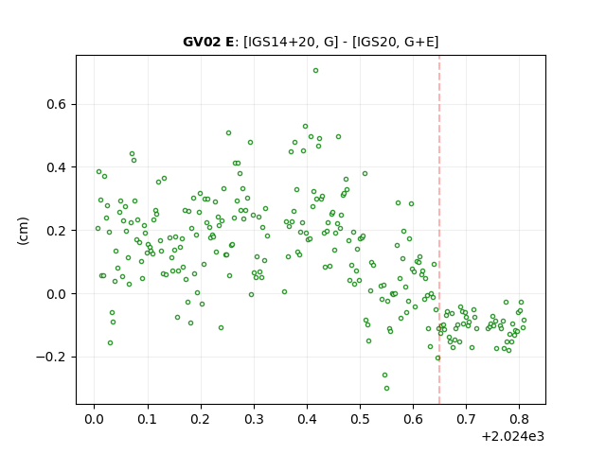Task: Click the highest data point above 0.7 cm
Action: pyautogui.click(x=315, y=71)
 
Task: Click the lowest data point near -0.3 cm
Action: pyautogui.click(x=386, y=389)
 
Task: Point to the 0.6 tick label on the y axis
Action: pyautogui.click(x=57, y=105)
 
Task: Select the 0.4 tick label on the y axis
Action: pyautogui.click(x=57, y=167)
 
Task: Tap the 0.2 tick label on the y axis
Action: pyautogui.click(x=57, y=231)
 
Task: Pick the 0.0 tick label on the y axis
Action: pyautogui.click(x=57, y=294)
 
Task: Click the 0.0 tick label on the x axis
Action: pyautogui.click(x=95, y=419)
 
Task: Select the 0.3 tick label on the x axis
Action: pyautogui.click(x=254, y=419)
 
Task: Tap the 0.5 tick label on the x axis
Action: pyautogui.click(x=360, y=419)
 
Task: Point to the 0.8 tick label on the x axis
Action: pyautogui.click(x=520, y=419)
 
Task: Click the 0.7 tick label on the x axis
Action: pyautogui.click(x=467, y=419)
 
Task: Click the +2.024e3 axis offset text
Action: pyautogui.click(x=513, y=437)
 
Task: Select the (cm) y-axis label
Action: pyautogui.click(x=23, y=231)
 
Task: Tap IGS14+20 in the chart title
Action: pyautogui.click(x=280, y=42)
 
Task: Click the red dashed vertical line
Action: pyautogui.click(x=439, y=230)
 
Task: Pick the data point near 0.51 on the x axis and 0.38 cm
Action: pyautogui.click(x=365, y=174)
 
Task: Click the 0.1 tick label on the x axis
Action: pyautogui.click(x=148, y=419)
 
